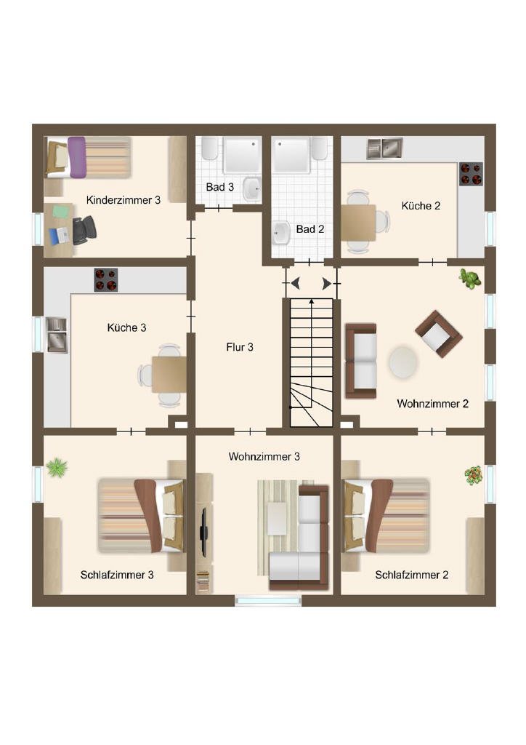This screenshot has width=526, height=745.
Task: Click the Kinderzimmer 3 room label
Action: (124, 200)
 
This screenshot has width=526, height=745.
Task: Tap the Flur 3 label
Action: (240, 347)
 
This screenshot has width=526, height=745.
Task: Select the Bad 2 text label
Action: (310, 229)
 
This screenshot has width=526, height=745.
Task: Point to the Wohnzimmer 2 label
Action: (432, 404)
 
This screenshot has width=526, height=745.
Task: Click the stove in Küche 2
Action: (471, 174)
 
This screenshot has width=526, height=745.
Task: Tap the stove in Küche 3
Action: (106, 280)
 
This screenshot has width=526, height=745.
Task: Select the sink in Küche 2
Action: (384, 148)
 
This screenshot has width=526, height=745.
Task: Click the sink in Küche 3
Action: (57, 335)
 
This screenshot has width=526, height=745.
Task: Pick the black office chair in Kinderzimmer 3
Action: (84, 230)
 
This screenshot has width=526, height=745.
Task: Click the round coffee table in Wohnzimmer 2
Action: (403, 362)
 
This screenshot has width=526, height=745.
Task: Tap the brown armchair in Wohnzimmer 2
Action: (438, 334)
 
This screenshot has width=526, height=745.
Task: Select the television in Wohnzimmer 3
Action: (204, 532)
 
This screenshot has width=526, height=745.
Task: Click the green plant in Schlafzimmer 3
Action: (57, 468)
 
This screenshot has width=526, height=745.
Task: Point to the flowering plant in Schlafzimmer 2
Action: (474, 476)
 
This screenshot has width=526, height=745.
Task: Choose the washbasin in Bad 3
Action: (252, 188)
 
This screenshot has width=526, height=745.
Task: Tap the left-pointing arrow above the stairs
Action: (296, 284)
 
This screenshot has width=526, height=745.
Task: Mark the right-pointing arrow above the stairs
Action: (327, 284)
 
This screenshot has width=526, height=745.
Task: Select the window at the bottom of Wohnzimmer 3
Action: (269, 601)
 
